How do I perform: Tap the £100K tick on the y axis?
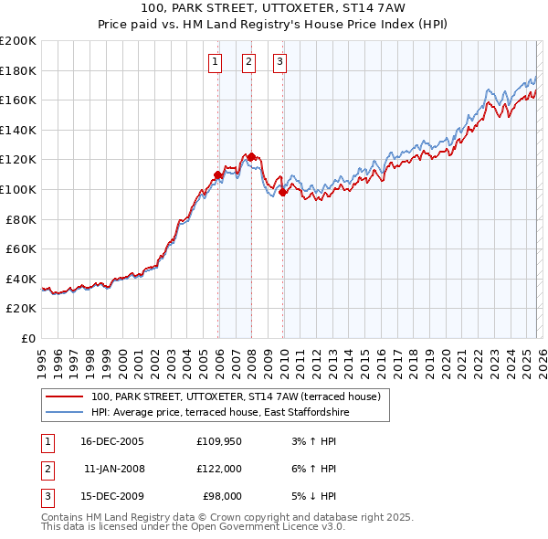[x=18, y=189]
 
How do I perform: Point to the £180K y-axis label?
[x=18, y=70]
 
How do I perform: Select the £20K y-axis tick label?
[x=22, y=309]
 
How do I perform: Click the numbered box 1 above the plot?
[x=215, y=62]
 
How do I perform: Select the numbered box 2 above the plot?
[x=248, y=62]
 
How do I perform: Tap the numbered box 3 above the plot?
[x=279, y=62]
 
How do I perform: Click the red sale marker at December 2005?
[x=218, y=174]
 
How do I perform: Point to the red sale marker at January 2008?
[x=251, y=156]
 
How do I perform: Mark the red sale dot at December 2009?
[x=283, y=192]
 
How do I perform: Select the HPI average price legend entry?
[x=219, y=413]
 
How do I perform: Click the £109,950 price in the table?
[x=218, y=441]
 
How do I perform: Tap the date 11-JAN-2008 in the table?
[x=113, y=469]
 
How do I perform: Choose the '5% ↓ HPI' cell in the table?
[x=313, y=496]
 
